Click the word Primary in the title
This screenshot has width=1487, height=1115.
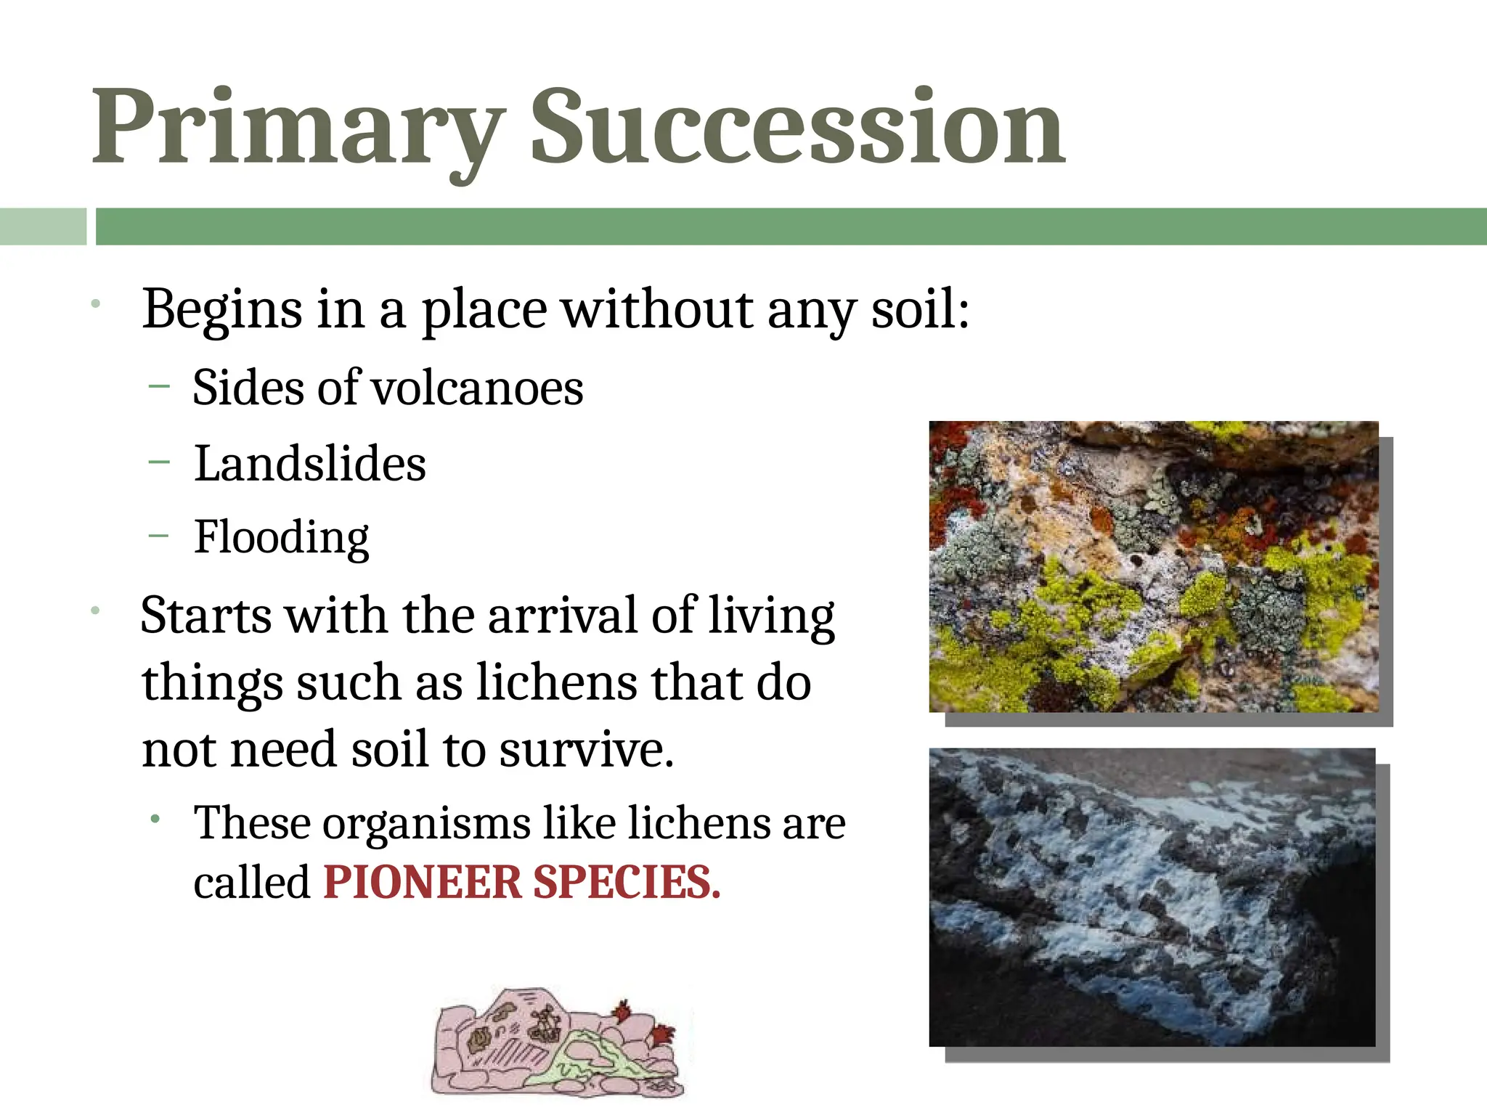(298, 129)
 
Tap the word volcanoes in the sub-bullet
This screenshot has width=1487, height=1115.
(477, 388)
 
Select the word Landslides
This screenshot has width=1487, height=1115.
(310, 464)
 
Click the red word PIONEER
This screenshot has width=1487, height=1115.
(422, 883)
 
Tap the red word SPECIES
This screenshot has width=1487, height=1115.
(627, 883)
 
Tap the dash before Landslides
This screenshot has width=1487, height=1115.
(158, 462)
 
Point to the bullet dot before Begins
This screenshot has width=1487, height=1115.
(95, 304)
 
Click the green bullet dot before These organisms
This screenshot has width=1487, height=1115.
(155, 820)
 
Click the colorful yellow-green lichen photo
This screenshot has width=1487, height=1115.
(1153, 566)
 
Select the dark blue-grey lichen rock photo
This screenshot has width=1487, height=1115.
(1152, 897)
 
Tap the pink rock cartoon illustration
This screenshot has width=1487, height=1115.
(556, 1042)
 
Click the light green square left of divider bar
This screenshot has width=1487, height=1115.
(43, 226)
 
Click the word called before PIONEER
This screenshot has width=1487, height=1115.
(252, 883)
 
